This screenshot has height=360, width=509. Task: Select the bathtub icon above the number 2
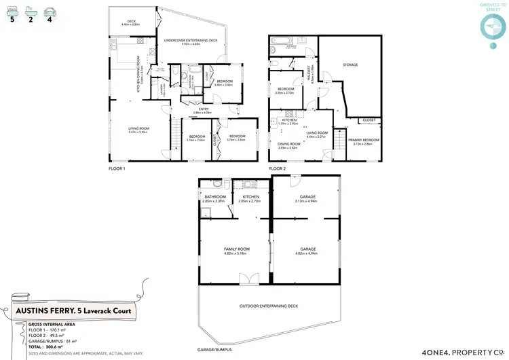tap(32, 12)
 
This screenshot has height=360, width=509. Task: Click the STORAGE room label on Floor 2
tap(350, 65)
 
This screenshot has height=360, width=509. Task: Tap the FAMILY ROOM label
tap(237, 249)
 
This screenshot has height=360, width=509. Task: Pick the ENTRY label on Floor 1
tap(204, 109)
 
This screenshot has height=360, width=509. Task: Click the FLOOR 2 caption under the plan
tap(278, 168)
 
